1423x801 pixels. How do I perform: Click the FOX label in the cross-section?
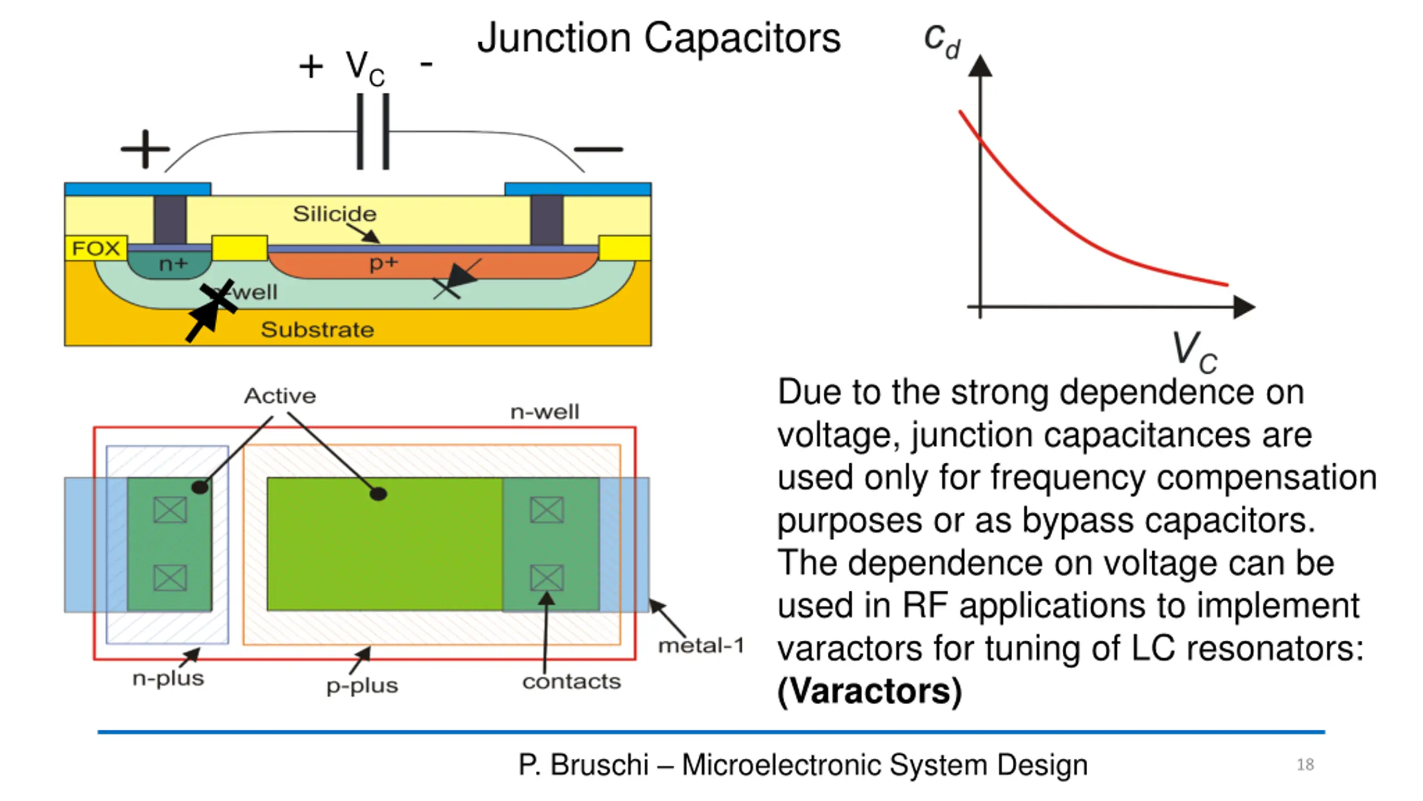click(x=96, y=248)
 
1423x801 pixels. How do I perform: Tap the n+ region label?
click(x=173, y=264)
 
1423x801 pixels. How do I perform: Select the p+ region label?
click(x=384, y=263)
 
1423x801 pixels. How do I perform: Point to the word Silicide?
click(x=335, y=214)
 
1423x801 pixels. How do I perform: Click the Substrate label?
click(x=317, y=330)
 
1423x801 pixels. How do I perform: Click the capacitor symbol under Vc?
click(x=373, y=132)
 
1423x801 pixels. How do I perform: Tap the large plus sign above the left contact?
click(x=145, y=149)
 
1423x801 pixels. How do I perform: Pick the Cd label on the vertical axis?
click(x=942, y=40)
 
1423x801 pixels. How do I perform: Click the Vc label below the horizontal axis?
click(x=1194, y=352)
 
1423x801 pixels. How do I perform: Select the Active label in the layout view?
click(x=280, y=396)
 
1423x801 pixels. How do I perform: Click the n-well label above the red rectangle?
click(x=545, y=412)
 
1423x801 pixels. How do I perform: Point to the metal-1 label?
click(x=701, y=646)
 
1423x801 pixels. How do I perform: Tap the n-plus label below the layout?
click(x=168, y=679)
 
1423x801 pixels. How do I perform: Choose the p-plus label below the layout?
click(x=362, y=686)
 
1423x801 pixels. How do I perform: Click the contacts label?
click(x=571, y=681)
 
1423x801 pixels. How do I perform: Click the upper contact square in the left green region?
click(x=170, y=510)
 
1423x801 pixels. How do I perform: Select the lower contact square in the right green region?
click(x=547, y=577)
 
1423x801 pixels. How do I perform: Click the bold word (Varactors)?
click(x=869, y=691)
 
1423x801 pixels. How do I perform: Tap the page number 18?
click(x=1305, y=765)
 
